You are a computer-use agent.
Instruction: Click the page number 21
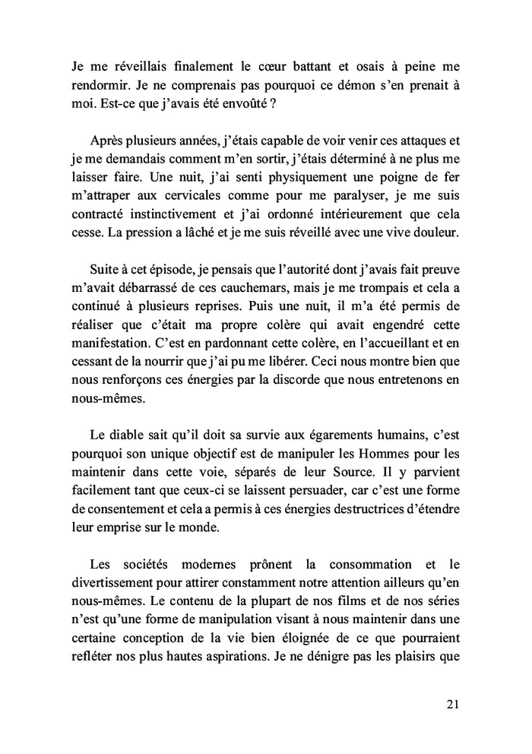coord(452,705)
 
